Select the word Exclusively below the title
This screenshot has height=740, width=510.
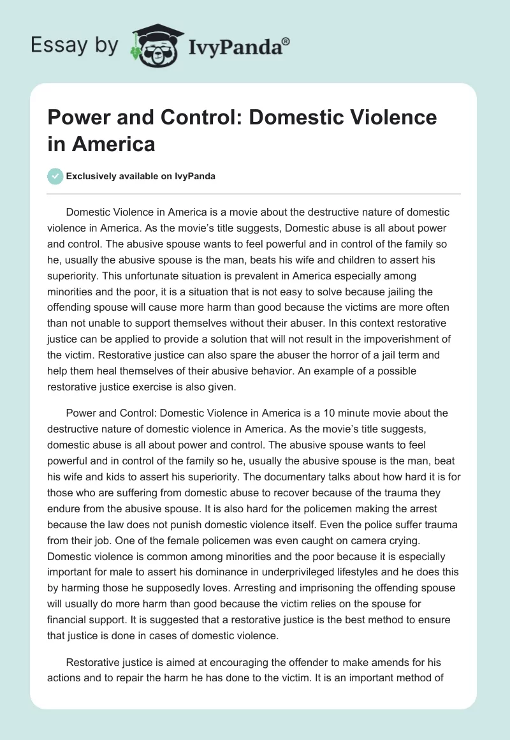pos(92,176)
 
